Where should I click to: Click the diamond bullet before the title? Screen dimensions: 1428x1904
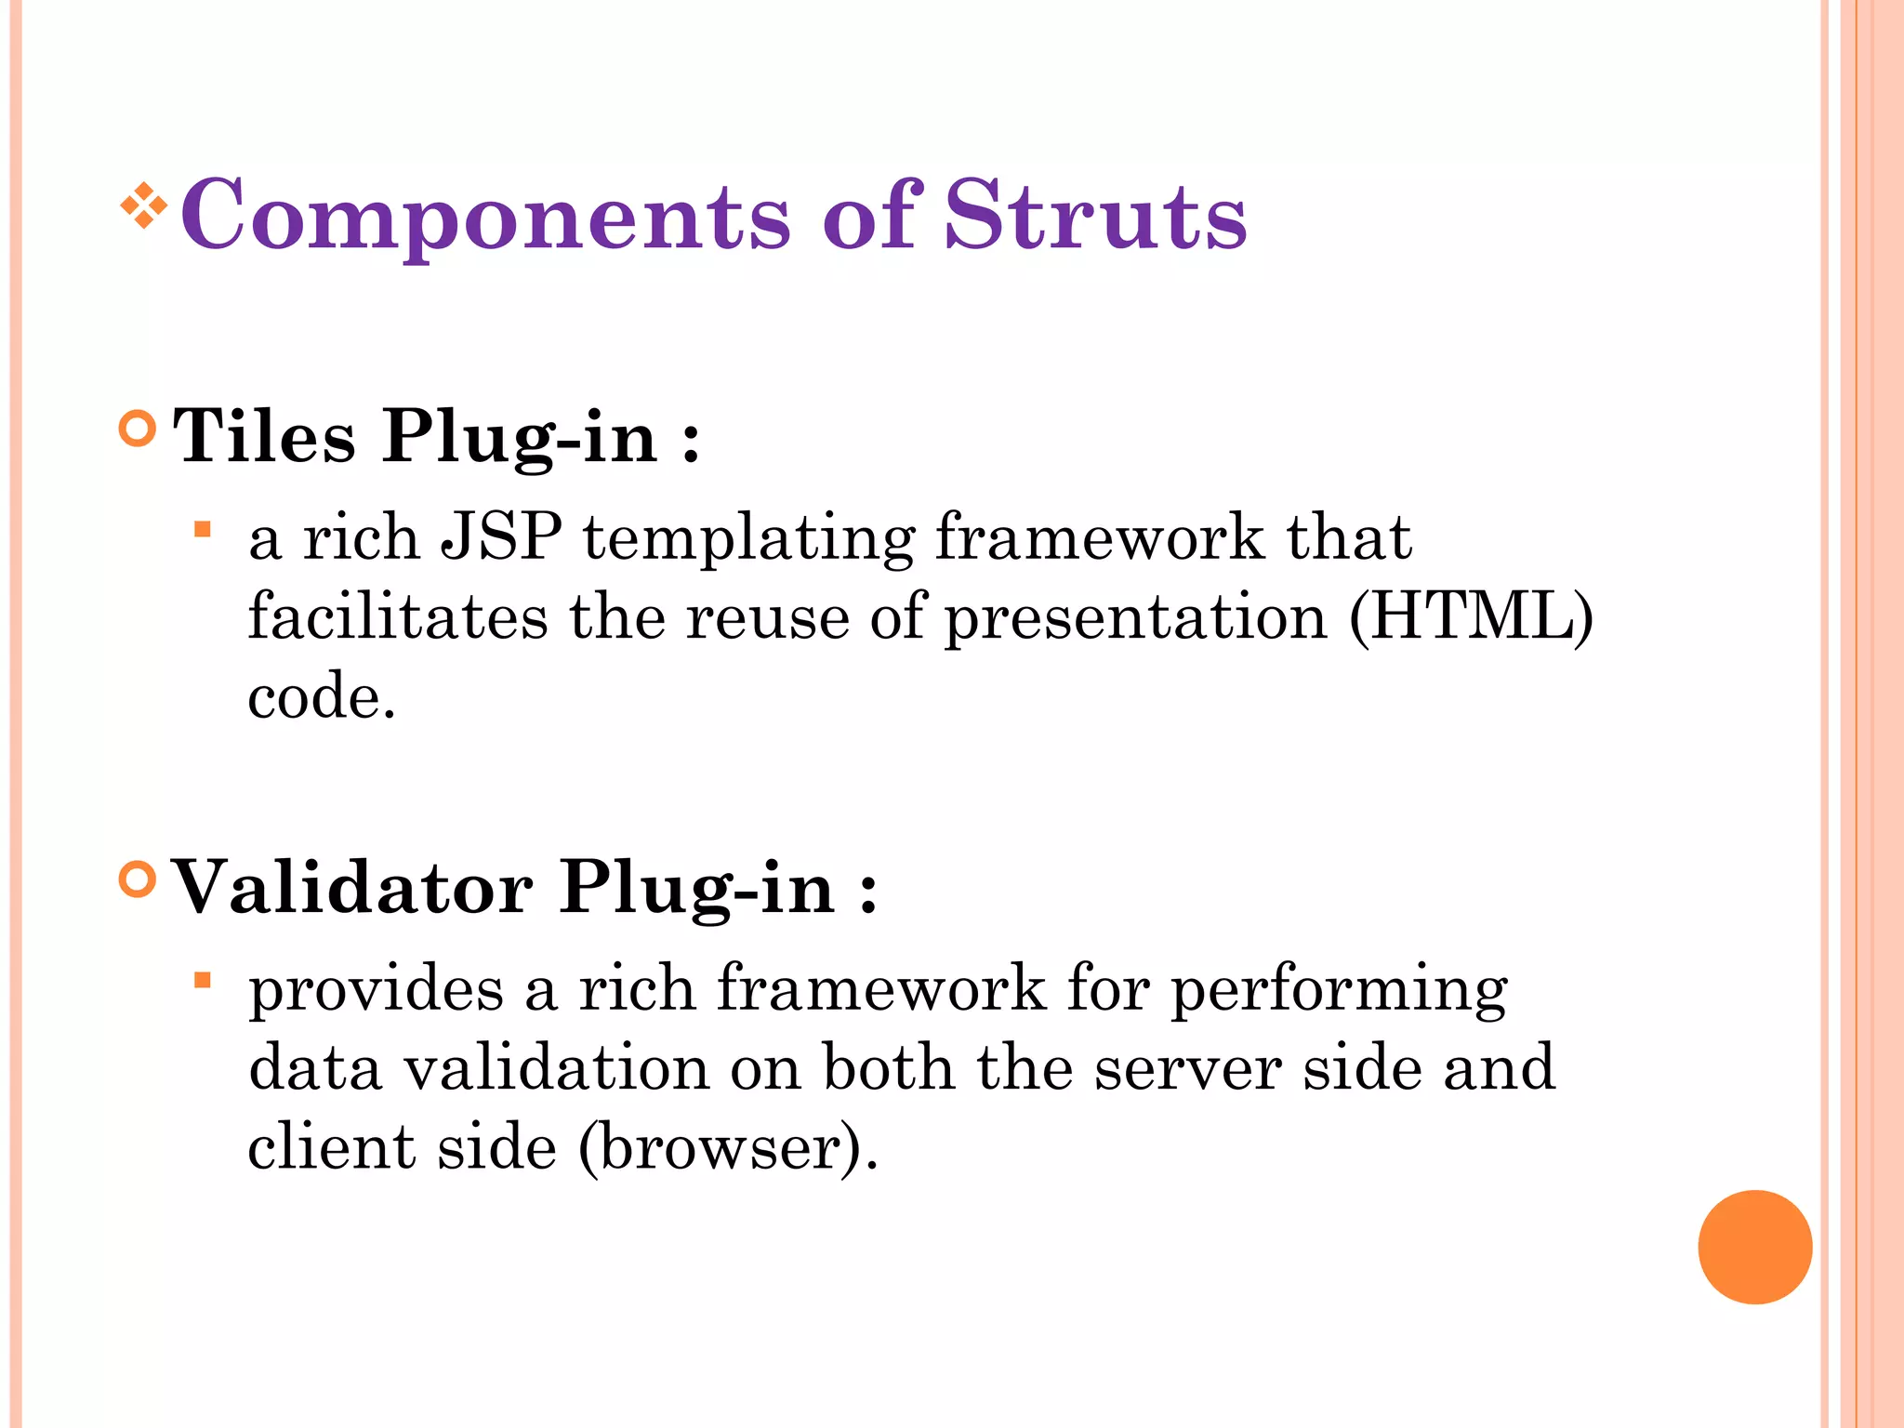click(143, 205)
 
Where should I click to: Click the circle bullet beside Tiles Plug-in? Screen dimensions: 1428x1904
click(138, 429)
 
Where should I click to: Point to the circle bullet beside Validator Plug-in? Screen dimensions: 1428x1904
click(138, 879)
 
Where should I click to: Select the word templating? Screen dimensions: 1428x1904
click(749, 539)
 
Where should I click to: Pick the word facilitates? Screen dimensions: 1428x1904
click(398, 617)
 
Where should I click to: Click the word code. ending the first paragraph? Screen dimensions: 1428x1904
click(322, 697)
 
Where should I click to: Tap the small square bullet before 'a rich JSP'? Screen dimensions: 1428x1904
click(203, 531)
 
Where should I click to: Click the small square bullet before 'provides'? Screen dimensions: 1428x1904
click(203, 981)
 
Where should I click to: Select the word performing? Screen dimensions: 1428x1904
click(1338, 991)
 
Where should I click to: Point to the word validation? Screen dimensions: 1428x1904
click(555, 1068)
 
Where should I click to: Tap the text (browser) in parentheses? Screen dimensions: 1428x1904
click(727, 1148)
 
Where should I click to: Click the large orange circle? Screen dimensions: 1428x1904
click(1754, 1247)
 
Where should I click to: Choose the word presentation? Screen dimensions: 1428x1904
click(1136, 619)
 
